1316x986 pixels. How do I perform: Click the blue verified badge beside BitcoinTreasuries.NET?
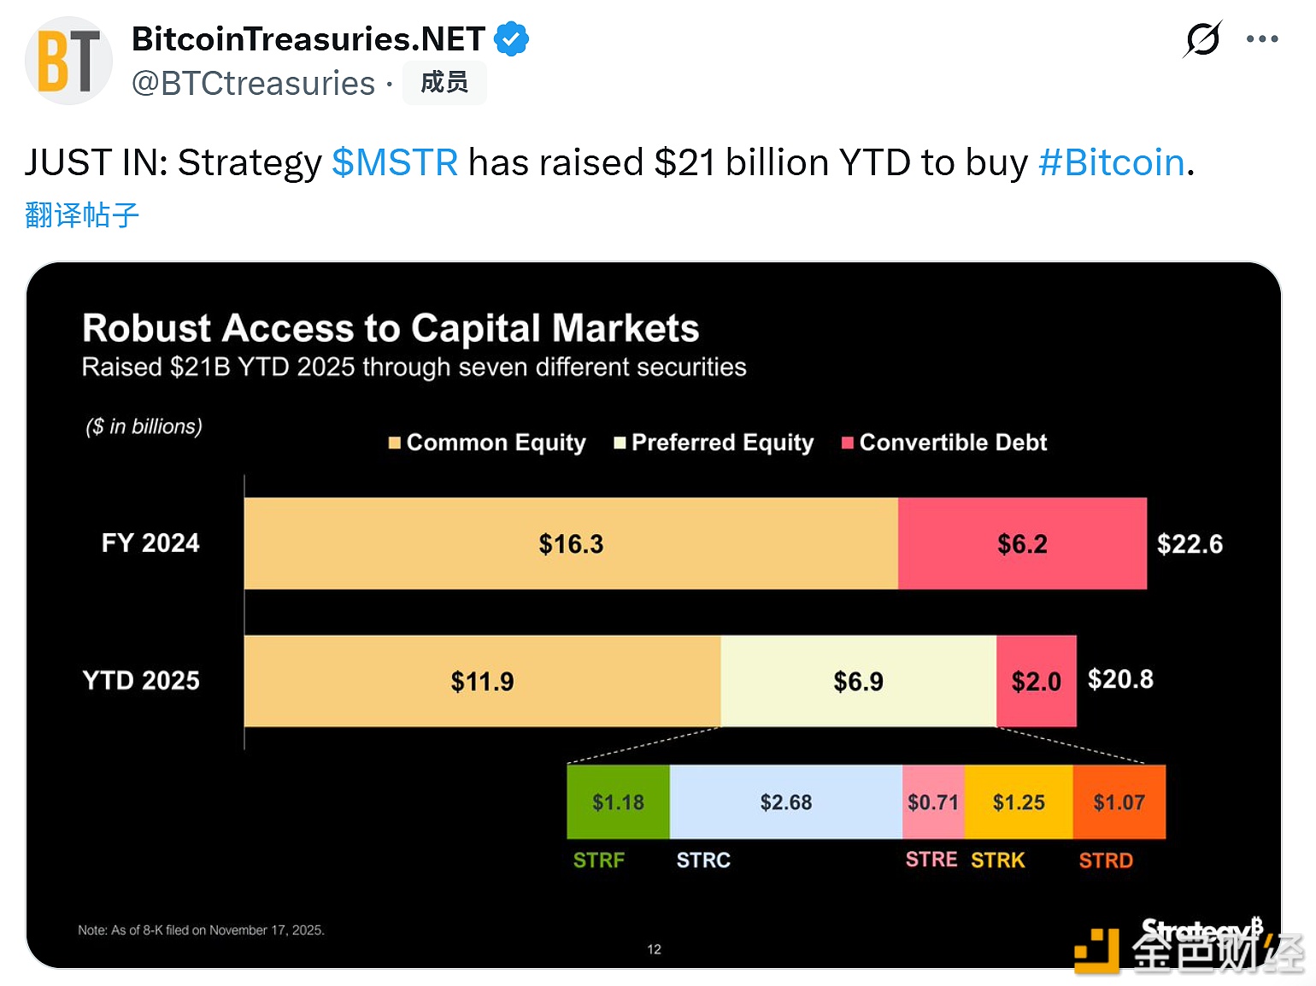click(x=511, y=39)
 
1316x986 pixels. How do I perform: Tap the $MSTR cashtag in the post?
click(x=395, y=162)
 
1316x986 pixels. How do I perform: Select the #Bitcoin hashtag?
click(x=1111, y=162)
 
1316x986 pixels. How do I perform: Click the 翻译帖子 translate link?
click(x=82, y=214)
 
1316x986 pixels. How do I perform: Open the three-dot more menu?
click(x=1261, y=39)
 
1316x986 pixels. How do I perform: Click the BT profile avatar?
click(x=68, y=61)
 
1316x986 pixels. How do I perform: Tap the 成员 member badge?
click(x=444, y=83)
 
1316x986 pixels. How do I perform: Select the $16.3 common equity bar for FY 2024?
click(x=571, y=543)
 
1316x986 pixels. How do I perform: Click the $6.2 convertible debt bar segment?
click(x=1022, y=543)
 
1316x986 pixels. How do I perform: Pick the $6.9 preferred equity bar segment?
click(x=858, y=681)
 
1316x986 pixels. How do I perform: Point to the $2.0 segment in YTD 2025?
click(x=1036, y=681)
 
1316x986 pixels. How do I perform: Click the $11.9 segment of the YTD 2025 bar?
click(x=482, y=681)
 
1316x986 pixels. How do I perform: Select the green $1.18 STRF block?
click(x=618, y=802)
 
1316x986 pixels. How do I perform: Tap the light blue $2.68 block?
click(x=785, y=802)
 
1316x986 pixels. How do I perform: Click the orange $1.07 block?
click(x=1119, y=802)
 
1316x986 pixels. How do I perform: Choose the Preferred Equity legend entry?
click(x=714, y=443)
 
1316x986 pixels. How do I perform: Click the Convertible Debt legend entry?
click(x=945, y=443)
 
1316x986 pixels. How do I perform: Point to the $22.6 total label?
click(x=1190, y=544)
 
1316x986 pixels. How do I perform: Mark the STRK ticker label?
click(x=997, y=860)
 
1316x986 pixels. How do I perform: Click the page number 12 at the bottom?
click(x=654, y=949)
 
